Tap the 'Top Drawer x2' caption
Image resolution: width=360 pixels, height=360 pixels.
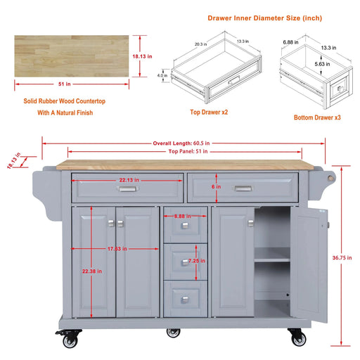tap(208, 112)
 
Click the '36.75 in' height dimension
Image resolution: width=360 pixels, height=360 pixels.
tap(342, 257)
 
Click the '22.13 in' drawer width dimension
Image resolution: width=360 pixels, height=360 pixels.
tap(127, 180)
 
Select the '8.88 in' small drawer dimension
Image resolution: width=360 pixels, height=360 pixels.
tap(183, 217)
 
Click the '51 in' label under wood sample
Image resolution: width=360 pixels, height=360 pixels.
tap(64, 84)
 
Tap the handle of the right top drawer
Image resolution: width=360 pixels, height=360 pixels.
tap(243, 188)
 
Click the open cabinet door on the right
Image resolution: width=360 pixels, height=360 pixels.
tap(309, 264)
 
